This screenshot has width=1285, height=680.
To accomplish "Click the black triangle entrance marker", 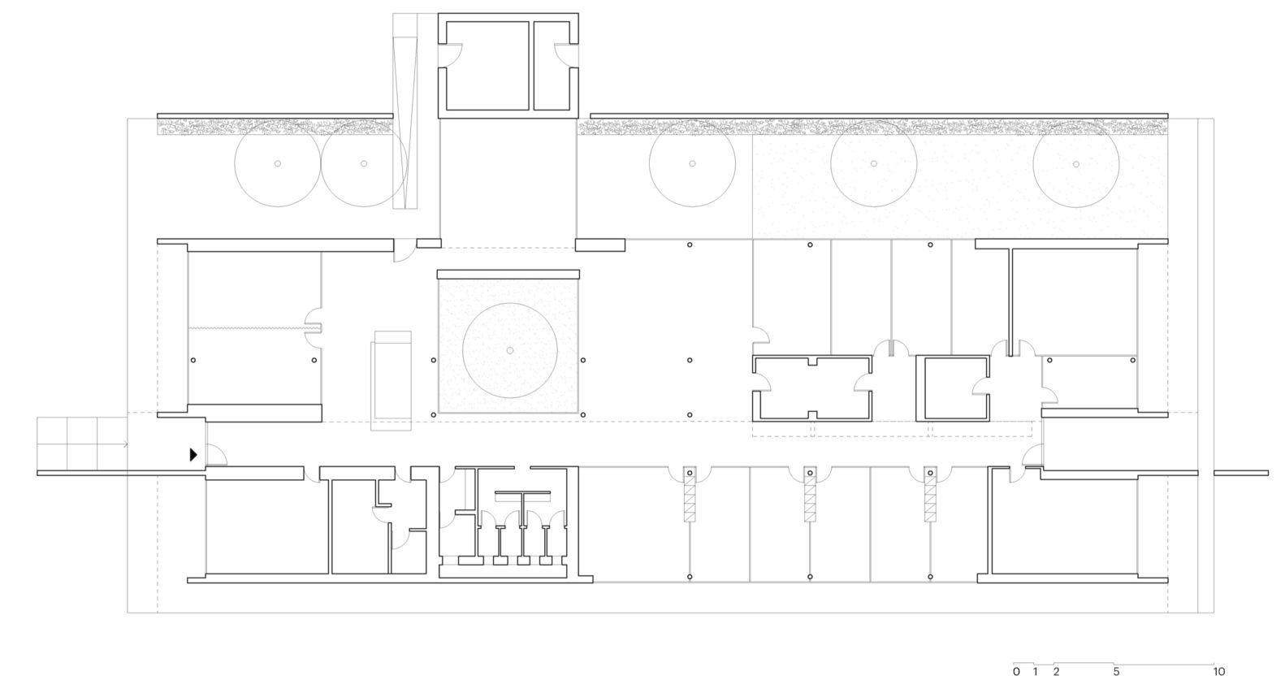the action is pos(193,455).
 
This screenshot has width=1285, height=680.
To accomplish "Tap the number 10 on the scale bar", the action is pos(1219,671).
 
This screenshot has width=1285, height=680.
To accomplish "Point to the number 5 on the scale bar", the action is pos(1116,671).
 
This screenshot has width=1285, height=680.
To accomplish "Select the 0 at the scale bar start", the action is pos(1016,671).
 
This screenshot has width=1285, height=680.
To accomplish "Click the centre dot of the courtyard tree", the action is pos(510,351).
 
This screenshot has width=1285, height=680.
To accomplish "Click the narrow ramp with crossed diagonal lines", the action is pos(406,111).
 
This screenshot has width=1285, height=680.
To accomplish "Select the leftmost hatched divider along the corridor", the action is pos(690,493).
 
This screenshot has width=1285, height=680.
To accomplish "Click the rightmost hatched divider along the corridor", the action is pos(931,493).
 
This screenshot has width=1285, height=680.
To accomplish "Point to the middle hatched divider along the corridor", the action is pos(810,493).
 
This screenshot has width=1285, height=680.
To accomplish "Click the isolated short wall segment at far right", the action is pos(1241,473).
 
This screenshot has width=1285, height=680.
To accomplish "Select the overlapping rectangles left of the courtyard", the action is pos(392,380).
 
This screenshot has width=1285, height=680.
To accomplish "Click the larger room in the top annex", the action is pos(487,66).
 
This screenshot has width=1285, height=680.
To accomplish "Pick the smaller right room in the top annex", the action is pos(552,66).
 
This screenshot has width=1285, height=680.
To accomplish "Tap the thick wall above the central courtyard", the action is pos(508,275).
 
